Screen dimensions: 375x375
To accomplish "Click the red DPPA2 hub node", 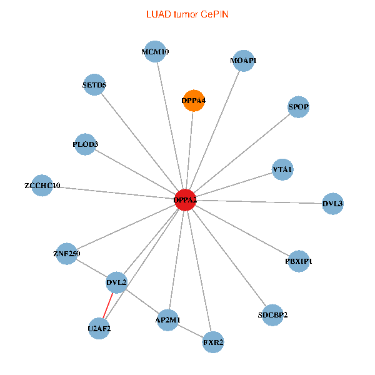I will point(185,200).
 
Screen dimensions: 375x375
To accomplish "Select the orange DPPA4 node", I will point(194,100).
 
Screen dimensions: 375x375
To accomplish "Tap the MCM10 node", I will point(155,52).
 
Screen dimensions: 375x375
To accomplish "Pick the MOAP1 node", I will point(243,61).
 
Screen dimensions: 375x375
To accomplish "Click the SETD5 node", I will point(94,85).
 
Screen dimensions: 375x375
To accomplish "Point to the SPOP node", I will point(299,107).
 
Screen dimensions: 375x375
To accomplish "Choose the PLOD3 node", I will point(86,144).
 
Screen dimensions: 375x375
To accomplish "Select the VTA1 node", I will point(282,169).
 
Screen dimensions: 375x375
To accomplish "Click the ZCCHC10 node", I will point(42,186).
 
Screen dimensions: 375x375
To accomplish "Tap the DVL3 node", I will point(332,203).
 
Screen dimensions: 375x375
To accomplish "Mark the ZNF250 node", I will point(67,254).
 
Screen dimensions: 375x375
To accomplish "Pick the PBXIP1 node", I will point(299,261).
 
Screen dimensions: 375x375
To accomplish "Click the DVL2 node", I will point(117,282).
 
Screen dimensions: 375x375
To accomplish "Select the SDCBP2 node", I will point(272,314).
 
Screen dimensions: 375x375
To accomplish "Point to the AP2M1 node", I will point(167,320).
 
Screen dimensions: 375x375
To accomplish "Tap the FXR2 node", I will point(213,342).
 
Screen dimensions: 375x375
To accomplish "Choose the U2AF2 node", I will point(99,327).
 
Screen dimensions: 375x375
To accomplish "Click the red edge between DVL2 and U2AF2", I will point(108,305).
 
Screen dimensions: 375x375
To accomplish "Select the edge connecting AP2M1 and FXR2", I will point(191,331).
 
